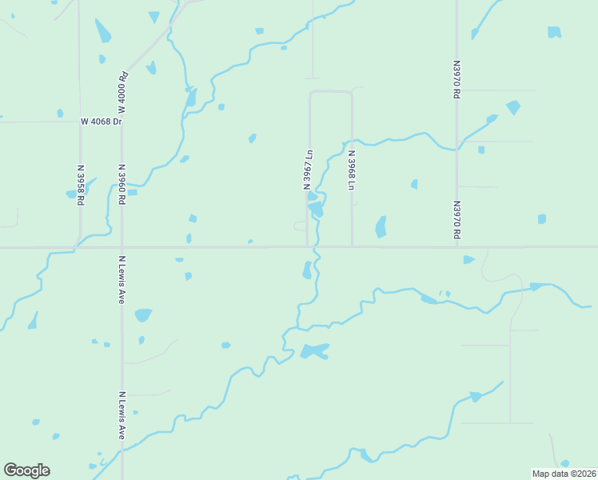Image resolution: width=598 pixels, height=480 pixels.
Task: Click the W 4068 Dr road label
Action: pyautogui.click(x=101, y=122)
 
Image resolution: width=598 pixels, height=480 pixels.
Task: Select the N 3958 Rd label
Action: pyautogui.click(x=81, y=185)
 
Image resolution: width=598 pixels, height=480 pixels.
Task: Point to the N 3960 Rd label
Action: pyautogui.click(x=122, y=185)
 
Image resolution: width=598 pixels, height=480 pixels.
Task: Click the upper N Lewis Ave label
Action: pyautogui.click(x=122, y=279)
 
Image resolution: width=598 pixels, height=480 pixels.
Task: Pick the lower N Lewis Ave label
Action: pyautogui.click(x=122, y=414)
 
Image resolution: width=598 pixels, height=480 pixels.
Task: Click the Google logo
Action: pyautogui.click(x=26, y=470)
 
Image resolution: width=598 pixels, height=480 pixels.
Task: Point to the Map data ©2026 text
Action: pyautogui.click(x=564, y=474)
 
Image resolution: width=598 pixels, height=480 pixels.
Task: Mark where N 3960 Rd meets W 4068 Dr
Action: pyautogui.click(x=122, y=122)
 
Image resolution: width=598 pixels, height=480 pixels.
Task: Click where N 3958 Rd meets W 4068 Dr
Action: pyautogui.click(x=79, y=122)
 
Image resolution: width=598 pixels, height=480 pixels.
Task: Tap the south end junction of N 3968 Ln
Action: pyautogui.click(x=352, y=246)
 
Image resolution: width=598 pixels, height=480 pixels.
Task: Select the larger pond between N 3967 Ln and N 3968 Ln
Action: pyautogui.click(x=317, y=209)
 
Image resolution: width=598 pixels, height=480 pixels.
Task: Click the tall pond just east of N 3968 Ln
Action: pyautogui.click(x=381, y=227)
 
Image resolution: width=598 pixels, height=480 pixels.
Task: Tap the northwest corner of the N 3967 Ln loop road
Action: pyautogui.click(x=310, y=93)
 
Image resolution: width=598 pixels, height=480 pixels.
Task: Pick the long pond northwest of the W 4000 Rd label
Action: pyautogui.click(x=103, y=31)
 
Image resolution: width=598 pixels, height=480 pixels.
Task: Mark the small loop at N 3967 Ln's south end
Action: pyautogui.click(x=301, y=226)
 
